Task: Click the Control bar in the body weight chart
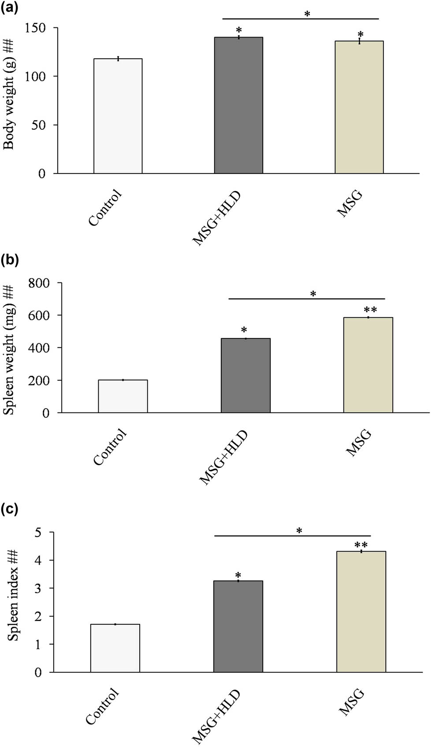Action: [x=118, y=116]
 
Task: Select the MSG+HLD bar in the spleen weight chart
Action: [x=246, y=375]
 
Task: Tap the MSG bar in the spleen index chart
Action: [x=361, y=612]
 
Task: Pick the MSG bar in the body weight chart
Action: [x=359, y=107]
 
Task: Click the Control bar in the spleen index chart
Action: [x=115, y=648]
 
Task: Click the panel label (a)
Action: [x=9, y=8]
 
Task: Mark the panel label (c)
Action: [x=9, y=510]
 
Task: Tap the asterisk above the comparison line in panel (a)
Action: [x=307, y=14]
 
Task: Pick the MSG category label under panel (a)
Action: [x=350, y=203]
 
